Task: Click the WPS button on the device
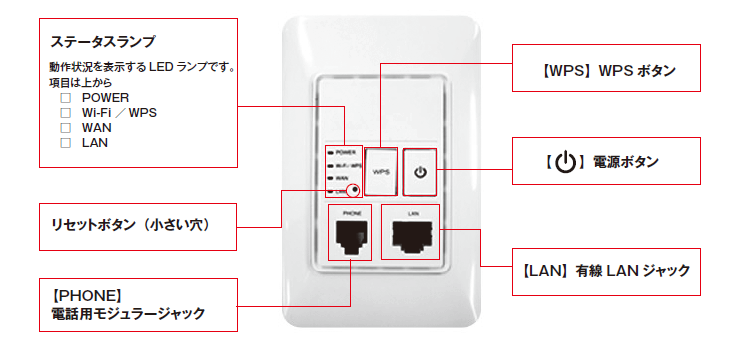[x=380, y=172]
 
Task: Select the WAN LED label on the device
[x=343, y=177]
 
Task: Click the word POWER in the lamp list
[x=106, y=98]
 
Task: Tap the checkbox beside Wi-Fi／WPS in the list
[x=65, y=113]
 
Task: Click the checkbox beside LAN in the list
[x=65, y=143]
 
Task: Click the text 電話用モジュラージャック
[x=128, y=314]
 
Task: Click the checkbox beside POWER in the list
[x=65, y=98]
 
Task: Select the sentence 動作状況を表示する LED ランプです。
[x=141, y=68]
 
